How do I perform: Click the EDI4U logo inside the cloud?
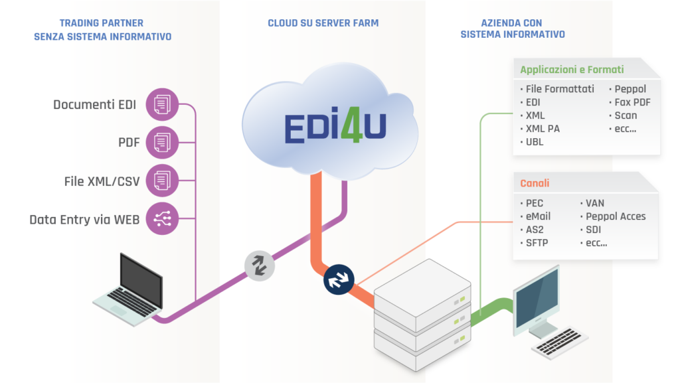[x=335, y=129]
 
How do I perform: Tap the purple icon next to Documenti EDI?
[x=162, y=105]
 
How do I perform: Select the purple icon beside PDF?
[x=162, y=143]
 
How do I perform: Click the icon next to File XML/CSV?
[x=162, y=181]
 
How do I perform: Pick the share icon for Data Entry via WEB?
[x=162, y=218]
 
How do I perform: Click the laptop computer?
[x=129, y=289]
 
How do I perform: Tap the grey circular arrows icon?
[x=260, y=265]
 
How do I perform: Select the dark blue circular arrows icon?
[x=338, y=279]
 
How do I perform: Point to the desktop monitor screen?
[x=537, y=302]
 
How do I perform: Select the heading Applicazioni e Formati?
[x=572, y=69]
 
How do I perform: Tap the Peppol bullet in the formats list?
[x=630, y=89]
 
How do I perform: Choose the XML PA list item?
[x=543, y=129]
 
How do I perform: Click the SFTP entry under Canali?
[x=537, y=242]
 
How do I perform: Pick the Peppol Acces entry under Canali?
[x=616, y=216]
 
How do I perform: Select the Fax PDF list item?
[x=632, y=102]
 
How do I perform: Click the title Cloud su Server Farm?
[x=323, y=23]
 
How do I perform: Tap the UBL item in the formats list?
[x=535, y=142]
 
